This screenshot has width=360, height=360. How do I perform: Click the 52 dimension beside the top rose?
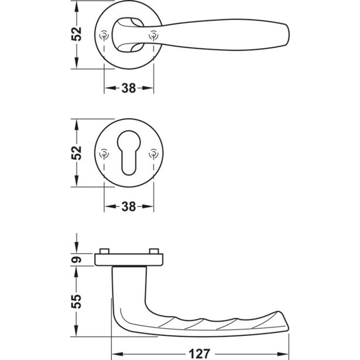coord(77,34)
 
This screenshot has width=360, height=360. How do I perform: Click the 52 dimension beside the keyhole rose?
coord(77,153)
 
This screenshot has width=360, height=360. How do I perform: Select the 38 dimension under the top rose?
coord(129,88)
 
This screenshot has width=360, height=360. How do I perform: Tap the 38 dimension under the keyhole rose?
coord(129,207)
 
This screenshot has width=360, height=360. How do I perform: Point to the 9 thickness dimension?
coord(77,260)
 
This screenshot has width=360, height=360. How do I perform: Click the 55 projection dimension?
coord(77,301)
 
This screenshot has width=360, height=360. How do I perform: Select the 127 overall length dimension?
coord(199,354)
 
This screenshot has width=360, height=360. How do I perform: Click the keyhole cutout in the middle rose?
coord(129,153)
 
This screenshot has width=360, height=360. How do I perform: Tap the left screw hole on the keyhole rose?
coord(104,153)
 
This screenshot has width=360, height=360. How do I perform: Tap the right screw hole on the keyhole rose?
coord(153,153)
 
